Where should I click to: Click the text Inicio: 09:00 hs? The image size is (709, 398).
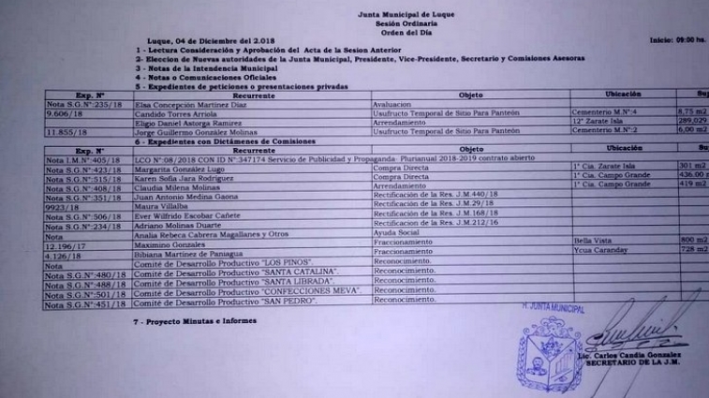click(677, 40)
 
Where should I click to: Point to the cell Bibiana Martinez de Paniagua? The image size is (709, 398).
click(191, 255)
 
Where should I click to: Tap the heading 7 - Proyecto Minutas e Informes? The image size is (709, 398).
click(195, 320)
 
